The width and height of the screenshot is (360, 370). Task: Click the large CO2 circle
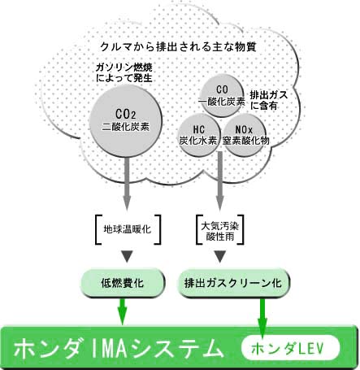point(126,122)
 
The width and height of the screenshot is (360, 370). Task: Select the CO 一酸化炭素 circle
point(222,96)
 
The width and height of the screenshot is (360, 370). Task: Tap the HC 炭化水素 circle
point(199,135)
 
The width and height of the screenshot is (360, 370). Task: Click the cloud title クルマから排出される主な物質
point(178,46)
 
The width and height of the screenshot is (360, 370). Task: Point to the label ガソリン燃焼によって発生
point(124,72)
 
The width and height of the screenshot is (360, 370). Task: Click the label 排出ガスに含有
point(268,100)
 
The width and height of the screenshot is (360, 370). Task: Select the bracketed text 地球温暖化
point(128,229)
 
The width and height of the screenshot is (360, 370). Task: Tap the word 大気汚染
point(219,225)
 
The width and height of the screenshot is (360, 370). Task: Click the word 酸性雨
point(219,236)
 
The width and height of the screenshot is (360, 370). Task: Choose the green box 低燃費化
point(123,283)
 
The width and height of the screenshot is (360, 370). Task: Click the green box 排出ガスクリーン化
point(233,283)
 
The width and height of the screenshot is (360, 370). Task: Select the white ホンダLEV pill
point(290,347)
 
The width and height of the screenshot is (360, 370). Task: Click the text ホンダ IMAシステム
point(119,348)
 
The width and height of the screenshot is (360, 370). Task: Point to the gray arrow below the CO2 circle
point(127,184)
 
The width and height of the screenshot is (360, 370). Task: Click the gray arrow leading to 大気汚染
point(219,181)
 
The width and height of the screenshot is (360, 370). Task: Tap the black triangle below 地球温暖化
point(127,256)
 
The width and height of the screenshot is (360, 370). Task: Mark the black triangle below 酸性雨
point(219,256)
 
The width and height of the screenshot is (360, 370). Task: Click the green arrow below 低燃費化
point(123,311)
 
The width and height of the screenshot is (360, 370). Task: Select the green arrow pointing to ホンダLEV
point(262,318)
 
